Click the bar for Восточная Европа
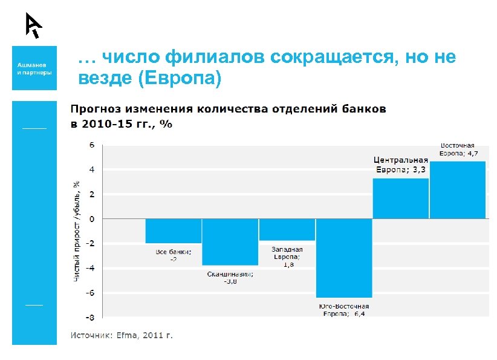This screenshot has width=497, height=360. [458, 189]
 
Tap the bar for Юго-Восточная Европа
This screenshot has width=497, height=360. [343, 258]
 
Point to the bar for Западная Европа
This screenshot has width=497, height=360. [287, 229]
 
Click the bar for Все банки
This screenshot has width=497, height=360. [165, 231]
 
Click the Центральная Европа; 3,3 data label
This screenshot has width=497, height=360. [400, 165]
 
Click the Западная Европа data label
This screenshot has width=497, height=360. [287, 257]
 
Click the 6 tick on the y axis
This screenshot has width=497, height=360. [92, 145]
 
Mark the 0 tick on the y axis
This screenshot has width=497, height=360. [92, 218]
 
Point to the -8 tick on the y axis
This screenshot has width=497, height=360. [89, 317]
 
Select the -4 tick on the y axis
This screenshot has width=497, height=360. [89, 267]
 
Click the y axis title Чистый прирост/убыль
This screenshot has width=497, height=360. [76, 231]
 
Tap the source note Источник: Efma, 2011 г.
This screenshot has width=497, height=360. [122, 335]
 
